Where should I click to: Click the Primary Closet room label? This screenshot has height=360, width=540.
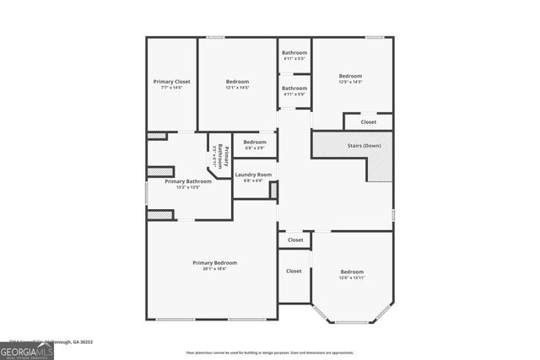[171, 82]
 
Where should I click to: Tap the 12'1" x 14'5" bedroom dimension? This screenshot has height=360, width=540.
[237, 88]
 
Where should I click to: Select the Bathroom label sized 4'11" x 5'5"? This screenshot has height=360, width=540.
[294, 58]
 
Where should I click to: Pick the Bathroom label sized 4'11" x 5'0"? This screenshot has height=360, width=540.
[294, 94]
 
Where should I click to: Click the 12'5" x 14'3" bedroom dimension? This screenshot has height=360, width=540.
[350, 82]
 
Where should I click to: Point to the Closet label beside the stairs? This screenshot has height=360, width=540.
[369, 122]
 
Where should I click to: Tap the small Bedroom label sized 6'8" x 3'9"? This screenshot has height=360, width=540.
[255, 148]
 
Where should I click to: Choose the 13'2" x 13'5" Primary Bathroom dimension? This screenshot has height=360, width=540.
[187, 187]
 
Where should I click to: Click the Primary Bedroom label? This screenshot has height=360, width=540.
[214, 262]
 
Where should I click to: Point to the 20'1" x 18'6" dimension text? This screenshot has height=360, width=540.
[214, 269]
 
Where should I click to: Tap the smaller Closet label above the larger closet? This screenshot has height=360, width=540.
[294, 240]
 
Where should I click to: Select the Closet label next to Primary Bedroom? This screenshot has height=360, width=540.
[294, 271]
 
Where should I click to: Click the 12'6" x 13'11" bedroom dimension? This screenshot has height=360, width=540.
[352, 277]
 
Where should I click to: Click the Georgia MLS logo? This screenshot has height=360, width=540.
[27, 348]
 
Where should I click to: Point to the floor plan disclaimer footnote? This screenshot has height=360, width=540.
[270, 352]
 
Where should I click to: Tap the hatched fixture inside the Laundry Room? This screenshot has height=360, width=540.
[273, 191]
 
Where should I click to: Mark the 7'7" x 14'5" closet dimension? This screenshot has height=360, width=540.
[171, 88]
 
